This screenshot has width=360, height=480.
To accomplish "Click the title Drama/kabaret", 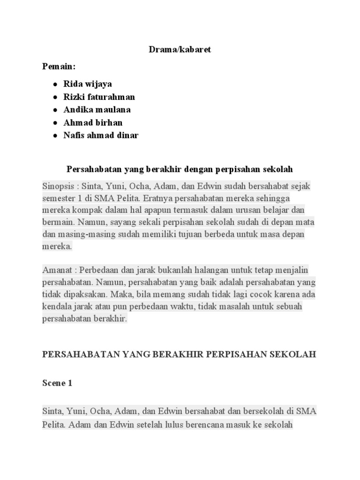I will [180, 49].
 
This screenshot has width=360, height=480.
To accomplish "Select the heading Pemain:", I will [59, 67].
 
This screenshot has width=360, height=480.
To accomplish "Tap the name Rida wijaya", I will [88, 84].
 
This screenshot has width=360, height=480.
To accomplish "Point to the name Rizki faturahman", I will [99, 97].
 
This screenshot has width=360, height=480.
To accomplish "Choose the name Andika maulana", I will [97, 110].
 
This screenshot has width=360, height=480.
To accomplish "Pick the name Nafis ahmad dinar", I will [101, 135].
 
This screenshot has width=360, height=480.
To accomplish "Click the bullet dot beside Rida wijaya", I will [55, 84].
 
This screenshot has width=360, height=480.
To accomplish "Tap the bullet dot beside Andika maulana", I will [55, 110].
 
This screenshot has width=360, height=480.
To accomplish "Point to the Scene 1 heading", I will [57, 383].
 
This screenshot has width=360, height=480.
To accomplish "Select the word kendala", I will [58, 307].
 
